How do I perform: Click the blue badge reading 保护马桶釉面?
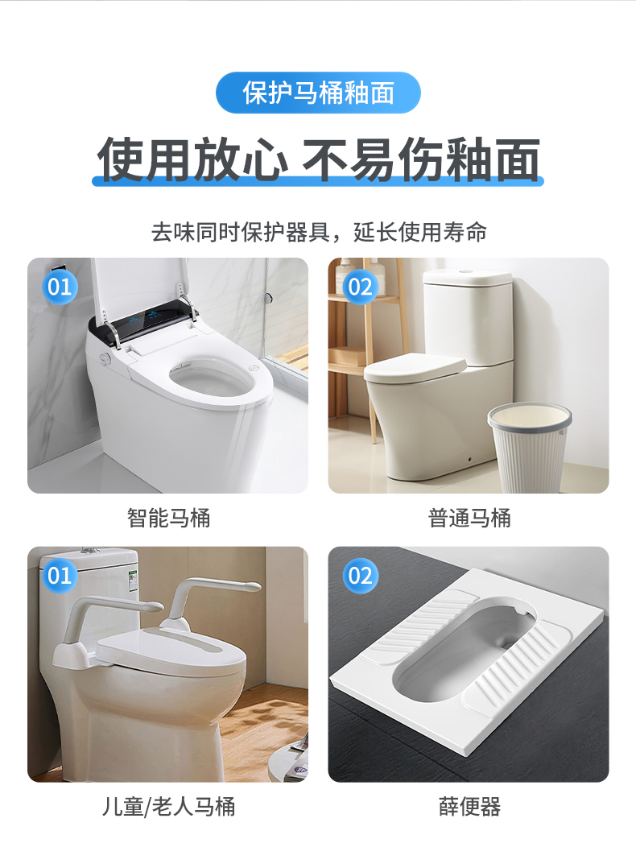[318, 93]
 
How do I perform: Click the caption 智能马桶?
[168, 519]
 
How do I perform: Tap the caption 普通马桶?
[469, 519]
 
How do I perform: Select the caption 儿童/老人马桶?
[168, 807]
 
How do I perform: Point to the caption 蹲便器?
[469, 807]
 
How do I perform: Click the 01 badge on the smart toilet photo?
[60, 287]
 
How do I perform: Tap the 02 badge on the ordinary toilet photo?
[361, 287]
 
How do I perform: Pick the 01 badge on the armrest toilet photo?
[60, 576]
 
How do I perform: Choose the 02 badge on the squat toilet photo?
[361, 576]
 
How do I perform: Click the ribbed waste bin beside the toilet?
[529, 448]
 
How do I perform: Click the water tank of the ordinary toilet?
[468, 316]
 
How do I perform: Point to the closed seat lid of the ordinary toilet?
[415, 369]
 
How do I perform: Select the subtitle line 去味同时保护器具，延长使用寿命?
[319, 232]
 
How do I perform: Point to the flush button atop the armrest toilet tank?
[89, 550]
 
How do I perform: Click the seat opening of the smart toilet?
[211, 379]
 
